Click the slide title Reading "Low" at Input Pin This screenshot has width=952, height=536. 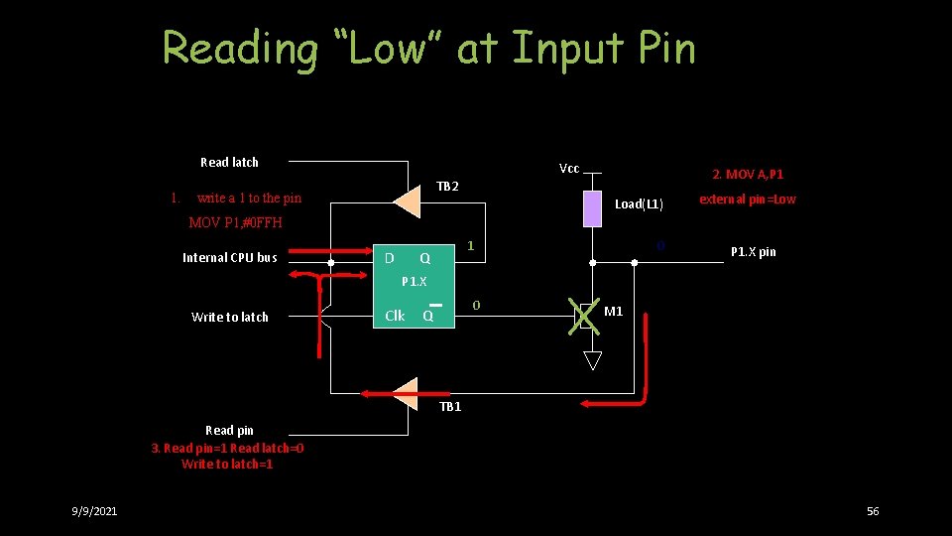point(428,48)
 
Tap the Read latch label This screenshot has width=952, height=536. point(229,162)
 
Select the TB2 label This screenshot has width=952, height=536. point(447,187)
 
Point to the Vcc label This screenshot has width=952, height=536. point(569,168)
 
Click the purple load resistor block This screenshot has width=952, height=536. point(592,208)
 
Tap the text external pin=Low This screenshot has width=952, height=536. point(747,199)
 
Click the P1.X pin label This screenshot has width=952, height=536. point(753,252)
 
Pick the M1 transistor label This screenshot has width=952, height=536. point(614,312)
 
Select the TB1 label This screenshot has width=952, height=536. point(450,406)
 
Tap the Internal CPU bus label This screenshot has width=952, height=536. point(229,258)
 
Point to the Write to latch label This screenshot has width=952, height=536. point(229,317)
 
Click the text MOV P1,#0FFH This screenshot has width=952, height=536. point(235,222)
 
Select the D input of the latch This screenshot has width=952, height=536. point(389,258)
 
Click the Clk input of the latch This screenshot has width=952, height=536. point(395,316)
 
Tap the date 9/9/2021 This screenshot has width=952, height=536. point(94,510)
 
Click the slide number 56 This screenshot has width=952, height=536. point(873,510)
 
